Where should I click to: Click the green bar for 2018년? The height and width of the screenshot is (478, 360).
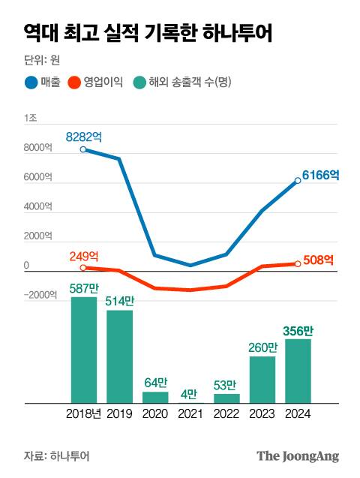tap(84, 350)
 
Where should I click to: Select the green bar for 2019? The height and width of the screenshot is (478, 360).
tap(119, 356)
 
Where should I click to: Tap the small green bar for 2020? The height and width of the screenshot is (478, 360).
tap(155, 397)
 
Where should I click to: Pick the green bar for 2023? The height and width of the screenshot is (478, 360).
tap(262, 380)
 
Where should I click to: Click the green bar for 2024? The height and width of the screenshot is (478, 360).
tap(298, 371)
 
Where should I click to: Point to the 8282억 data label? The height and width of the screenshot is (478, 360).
tap(84, 137)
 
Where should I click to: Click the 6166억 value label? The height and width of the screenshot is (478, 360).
tap(321, 176)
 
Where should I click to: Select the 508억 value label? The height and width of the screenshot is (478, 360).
tap(318, 261)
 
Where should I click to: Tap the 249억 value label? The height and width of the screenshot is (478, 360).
tap(84, 256)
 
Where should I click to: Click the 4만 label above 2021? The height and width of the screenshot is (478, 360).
tap(190, 393)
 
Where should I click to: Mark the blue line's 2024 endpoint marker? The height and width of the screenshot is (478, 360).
tap(298, 181)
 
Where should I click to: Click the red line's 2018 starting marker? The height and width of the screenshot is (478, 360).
tap(83, 267)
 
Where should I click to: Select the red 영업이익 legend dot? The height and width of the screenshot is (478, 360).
tap(73, 82)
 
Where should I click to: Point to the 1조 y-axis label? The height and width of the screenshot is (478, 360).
tap(31, 118)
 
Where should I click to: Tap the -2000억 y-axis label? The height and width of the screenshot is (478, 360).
tap(39, 295)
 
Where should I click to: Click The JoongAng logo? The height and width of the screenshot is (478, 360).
tap(298, 455)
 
